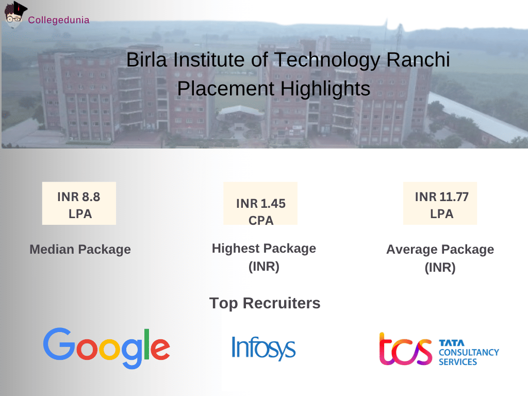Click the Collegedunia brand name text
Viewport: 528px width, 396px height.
[59, 20]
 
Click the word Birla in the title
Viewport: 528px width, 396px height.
[147, 60]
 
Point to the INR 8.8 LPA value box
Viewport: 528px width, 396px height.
[79, 203]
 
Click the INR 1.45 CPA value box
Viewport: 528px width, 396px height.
[260, 204]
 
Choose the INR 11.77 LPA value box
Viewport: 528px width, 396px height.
[440, 203]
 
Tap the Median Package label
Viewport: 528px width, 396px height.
[80, 250]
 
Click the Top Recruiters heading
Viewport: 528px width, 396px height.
[265, 303]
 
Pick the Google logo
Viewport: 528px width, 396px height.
[106, 348]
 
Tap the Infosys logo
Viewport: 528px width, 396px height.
[263, 348]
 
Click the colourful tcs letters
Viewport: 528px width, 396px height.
[405, 349]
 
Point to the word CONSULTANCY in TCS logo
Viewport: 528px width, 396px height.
[469, 353]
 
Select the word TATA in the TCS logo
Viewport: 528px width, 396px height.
[452, 342]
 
